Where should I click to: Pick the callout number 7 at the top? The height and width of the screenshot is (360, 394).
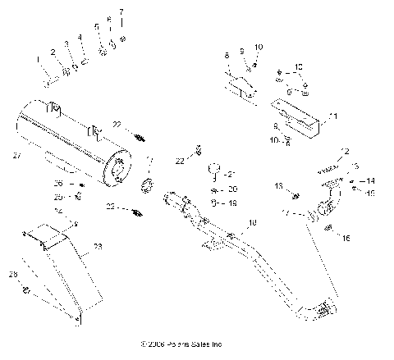click(x=122, y=12)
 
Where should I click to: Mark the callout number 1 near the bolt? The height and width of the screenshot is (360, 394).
click(x=37, y=59)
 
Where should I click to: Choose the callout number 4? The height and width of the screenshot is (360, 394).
click(x=80, y=38)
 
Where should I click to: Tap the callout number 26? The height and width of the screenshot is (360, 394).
click(x=58, y=183)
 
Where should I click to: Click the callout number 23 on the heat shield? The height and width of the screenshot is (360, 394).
click(x=98, y=246)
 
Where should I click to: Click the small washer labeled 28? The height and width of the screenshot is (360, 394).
click(x=28, y=289)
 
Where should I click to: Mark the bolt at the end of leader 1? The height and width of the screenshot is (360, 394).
click(x=48, y=80)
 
